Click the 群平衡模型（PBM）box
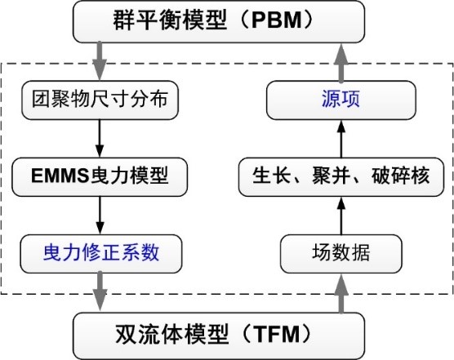coord(219,21)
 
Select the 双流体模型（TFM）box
coord(219,336)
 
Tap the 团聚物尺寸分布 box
coord(100,100)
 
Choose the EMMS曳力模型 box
coord(100,177)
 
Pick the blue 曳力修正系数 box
coord(100,254)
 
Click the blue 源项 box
coord(341,100)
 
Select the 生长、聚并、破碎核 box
coord(341,177)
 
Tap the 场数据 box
coord(341,254)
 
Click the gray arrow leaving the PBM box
coord(100,60)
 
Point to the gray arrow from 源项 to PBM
coord(341,63)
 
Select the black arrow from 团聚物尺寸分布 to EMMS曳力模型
coord(100,138)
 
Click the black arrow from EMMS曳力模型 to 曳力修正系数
coord(100,216)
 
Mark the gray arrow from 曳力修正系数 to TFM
coord(100,291)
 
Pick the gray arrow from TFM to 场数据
coord(341,293)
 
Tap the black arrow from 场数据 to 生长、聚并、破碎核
coord(341,216)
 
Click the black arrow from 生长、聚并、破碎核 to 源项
coord(341,139)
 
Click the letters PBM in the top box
coord(277,20)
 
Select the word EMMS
coord(60,176)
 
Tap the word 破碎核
coord(401,176)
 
